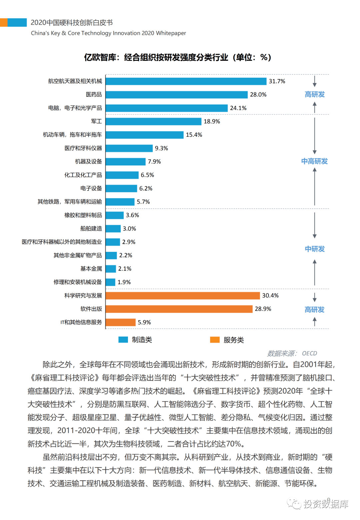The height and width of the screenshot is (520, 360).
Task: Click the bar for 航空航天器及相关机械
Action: [186, 81]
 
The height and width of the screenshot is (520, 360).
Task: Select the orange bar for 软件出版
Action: [179, 309]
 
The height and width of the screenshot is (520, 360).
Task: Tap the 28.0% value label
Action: [258, 95]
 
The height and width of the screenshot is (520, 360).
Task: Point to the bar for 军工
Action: [154, 121]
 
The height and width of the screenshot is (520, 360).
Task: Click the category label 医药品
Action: [94, 95]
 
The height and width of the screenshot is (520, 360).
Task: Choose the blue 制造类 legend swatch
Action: [123, 340]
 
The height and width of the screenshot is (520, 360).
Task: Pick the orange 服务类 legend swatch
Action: [215, 340]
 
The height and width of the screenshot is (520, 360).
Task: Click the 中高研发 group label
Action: [314, 161]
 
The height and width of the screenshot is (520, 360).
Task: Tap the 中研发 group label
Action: [315, 249]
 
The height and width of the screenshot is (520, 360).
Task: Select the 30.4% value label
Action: [270, 296]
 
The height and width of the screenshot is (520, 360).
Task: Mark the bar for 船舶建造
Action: [113, 229]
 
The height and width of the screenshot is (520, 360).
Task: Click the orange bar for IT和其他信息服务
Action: [121, 323]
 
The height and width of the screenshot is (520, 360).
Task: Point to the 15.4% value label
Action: [194, 135]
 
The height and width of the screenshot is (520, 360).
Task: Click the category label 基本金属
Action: [91, 269]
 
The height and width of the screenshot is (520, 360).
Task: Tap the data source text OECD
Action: [309, 354]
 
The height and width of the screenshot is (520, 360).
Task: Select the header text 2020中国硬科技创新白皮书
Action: [72, 23]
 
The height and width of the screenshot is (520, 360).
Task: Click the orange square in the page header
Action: [4, 23]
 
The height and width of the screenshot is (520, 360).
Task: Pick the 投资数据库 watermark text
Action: [326, 504]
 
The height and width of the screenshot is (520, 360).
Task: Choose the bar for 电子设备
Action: [121, 188]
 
